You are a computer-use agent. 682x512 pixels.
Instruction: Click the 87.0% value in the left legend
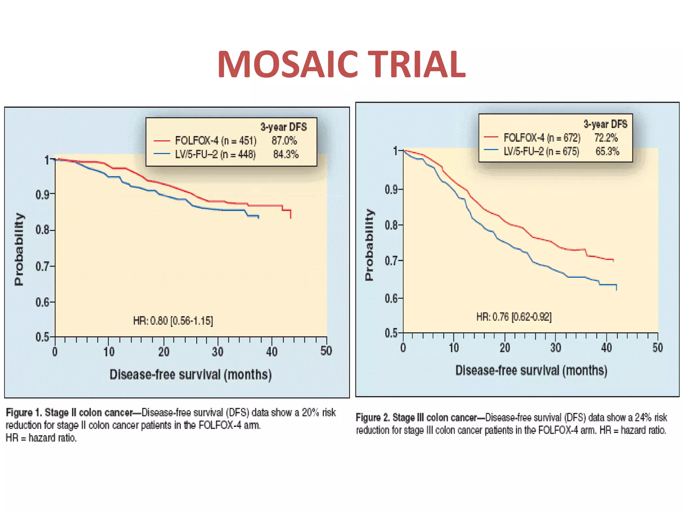pos(284,141)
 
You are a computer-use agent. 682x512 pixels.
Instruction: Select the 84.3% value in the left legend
pos(286,154)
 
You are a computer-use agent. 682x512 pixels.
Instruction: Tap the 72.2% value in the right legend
pos(606,138)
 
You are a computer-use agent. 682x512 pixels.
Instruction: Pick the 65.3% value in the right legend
pos(607,151)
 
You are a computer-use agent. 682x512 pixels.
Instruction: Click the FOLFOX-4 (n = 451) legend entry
pos(216,141)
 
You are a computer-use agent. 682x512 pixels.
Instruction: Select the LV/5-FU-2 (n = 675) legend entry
pos(541,151)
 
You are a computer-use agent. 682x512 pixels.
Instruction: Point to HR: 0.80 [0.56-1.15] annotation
pos(173,321)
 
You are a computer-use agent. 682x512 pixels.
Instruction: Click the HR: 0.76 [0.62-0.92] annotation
pos(514,317)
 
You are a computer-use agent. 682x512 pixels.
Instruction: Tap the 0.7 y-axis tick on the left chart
pos(44,267)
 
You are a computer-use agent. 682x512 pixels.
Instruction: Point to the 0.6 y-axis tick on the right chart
pos(392,298)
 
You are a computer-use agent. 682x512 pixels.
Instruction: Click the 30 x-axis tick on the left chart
pos(217,352)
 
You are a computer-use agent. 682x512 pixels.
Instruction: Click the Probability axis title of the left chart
pos(19,249)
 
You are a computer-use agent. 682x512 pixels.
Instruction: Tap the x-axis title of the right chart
pos(531,371)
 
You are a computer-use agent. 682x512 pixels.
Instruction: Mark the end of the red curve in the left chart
pos(291,218)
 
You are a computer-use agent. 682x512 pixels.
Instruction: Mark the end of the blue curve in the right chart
pos(617,290)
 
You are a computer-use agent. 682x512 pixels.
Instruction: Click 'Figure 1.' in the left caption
pos(24,413)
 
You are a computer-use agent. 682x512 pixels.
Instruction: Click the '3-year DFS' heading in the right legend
pos(605,124)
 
